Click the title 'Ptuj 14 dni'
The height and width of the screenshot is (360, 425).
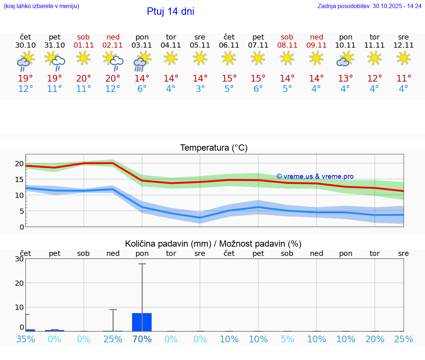pyautogui.click(x=170, y=11)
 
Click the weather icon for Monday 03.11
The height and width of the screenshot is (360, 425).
pyautogui.click(x=142, y=61)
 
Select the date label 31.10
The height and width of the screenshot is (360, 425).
pyautogui.click(x=55, y=45)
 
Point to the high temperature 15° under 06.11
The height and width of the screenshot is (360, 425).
pyautogui.click(x=229, y=78)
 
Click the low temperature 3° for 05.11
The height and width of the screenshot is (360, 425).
pyautogui.click(x=200, y=89)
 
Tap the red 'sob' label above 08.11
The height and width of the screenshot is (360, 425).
pyautogui.click(x=287, y=37)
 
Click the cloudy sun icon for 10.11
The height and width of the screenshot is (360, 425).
pyautogui.click(x=345, y=59)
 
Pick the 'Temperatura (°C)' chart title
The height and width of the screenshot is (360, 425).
pyautogui.click(x=214, y=148)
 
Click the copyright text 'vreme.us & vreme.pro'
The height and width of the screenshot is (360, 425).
pyautogui.click(x=315, y=176)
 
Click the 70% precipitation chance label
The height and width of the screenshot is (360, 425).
pyautogui.click(x=142, y=339)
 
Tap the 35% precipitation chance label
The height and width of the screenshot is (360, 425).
pyautogui.click(x=26, y=339)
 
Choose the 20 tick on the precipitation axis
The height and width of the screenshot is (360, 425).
pyautogui.click(x=19, y=283)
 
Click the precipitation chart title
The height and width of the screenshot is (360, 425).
pyautogui.click(x=213, y=244)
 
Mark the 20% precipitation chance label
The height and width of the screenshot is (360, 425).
pyautogui.click(x=375, y=339)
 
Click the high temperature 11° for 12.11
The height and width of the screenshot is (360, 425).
pyautogui.click(x=404, y=78)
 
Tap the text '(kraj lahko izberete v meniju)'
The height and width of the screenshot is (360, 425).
pyautogui.click(x=41, y=6)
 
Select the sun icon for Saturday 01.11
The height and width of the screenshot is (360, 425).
pyautogui.click(x=84, y=58)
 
